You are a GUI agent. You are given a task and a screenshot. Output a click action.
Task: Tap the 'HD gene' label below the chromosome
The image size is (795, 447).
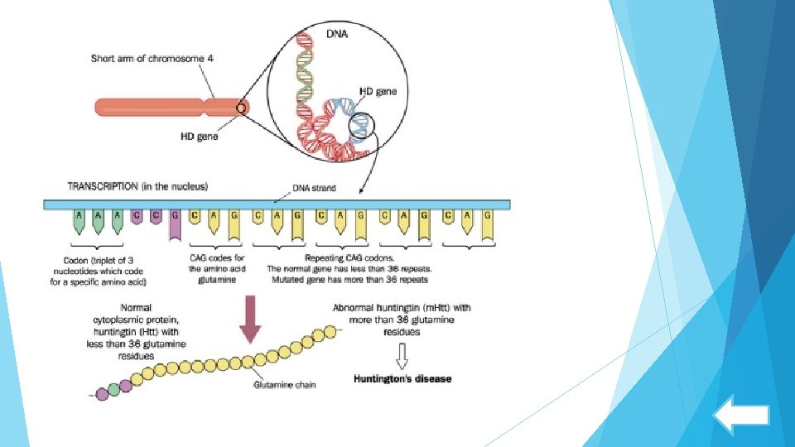tap(198, 137)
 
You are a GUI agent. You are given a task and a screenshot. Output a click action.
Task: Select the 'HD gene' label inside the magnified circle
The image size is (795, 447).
tap(377, 92)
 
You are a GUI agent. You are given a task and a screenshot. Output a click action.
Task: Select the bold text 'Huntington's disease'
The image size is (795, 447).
tap(402, 379)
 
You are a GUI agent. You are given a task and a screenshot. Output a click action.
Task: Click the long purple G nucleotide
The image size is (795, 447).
tap(175, 224)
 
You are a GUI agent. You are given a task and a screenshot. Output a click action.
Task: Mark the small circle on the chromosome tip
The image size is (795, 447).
tap(242, 108)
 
